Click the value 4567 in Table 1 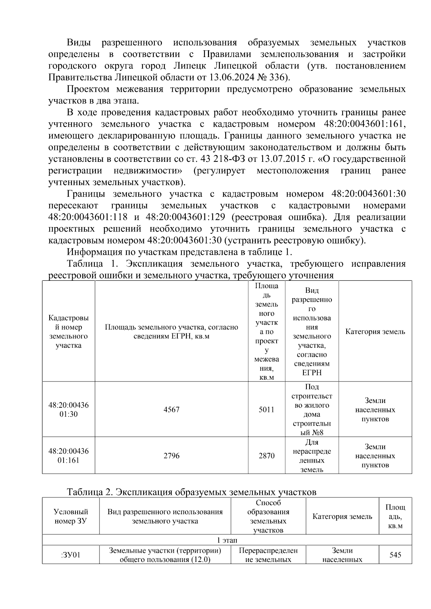point(171,409)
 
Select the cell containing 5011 point(267,409)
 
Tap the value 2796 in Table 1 point(171,456)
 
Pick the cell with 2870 point(267,456)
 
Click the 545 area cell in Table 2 point(395,555)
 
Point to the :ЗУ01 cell point(71,555)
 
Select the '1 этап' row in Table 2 point(227,540)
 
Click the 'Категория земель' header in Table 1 point(375,332)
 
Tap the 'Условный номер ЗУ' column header point(71,516)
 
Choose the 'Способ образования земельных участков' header point(268,516)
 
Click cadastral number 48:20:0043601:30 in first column point(69,409)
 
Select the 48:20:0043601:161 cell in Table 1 point(69,456)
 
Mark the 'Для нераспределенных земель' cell point(312,456)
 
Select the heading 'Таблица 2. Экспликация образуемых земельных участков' point(191,492)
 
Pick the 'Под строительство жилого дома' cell point(312,409)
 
